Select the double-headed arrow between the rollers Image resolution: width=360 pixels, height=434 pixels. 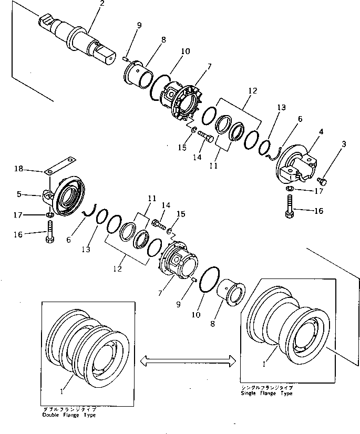pyautogui.click(x=188, y=360)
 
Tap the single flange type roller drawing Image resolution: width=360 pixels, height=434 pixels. pyautogui.click(x=287, y=326)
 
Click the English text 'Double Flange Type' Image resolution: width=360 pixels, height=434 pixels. pyautogui.click(x=69, y=415)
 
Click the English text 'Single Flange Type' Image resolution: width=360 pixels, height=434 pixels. pyautogui.click(x=266, y=393)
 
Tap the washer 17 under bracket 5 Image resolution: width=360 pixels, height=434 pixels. pyautogui.click(x=49, y=215)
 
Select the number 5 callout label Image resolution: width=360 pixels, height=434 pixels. pyautogui.click(x=18, y=194)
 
